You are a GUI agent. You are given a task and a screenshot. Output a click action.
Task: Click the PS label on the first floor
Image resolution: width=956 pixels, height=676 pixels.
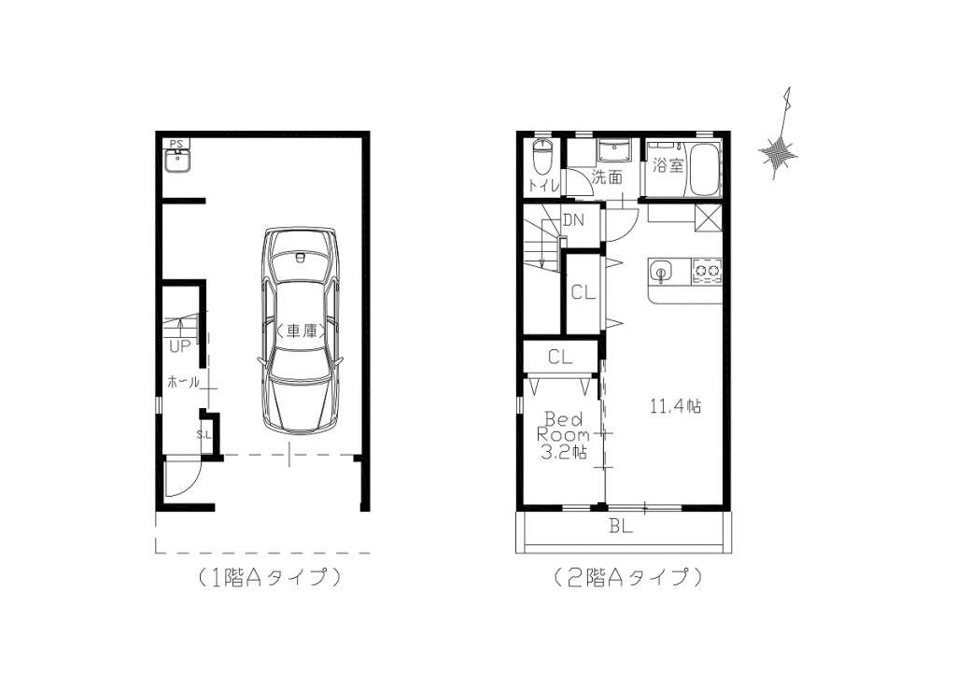[x=176, y=144]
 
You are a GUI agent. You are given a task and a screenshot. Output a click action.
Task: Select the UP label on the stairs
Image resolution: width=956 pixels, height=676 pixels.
[x=180, y=346]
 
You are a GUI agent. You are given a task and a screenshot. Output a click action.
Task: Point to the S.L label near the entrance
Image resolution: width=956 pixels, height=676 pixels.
[x=204, y=434]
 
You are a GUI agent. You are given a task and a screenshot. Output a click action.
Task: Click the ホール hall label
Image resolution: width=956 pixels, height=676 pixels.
[x=184, y=382]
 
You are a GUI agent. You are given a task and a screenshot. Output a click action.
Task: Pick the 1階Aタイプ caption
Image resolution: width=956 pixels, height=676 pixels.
[x=268, y=577]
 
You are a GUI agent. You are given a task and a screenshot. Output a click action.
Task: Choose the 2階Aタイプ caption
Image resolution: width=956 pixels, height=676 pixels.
[x=628, y=577]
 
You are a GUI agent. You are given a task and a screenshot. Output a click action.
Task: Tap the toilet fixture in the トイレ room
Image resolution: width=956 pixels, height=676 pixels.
[x=542, y=157]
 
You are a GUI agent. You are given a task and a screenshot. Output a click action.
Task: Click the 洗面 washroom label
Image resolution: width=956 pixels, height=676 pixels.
[x=607, y=177]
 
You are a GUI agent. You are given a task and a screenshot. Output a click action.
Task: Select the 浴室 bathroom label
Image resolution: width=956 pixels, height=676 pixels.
[x=668, y=164]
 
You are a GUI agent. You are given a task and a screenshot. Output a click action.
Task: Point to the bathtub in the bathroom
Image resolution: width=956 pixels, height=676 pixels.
[x=704, y=170]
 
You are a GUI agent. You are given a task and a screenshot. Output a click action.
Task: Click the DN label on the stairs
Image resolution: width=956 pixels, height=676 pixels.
[x=573, y=220]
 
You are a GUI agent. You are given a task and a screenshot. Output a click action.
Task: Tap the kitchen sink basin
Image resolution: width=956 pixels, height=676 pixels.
[x=660, y=271]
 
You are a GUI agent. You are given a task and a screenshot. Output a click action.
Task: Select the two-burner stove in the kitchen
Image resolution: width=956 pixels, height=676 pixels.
[x=707, y=271]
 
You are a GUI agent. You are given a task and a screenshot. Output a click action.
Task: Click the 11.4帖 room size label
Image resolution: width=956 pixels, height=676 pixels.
[x=675, y=406]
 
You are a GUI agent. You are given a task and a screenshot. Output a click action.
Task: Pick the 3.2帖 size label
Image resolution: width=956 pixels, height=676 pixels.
[x=564, y=452]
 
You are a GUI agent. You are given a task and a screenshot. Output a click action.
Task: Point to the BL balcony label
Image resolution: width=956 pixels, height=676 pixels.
[x=621, y=526]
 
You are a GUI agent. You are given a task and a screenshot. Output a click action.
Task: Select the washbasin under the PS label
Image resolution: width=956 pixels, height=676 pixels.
[x=177, y=162]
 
